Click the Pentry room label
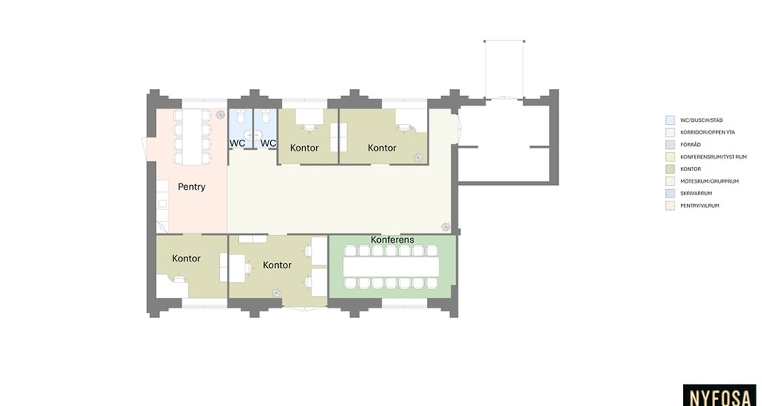coord(191,187)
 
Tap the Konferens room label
coord(392,240)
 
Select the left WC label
coord(237,144)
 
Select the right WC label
coord(269,144)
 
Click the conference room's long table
coord(391,267)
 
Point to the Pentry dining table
coord(192,137)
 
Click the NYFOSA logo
coord(720,397)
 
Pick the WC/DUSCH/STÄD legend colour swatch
coord(670,120)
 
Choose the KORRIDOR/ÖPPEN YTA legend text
coord(707,132)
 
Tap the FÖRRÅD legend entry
coord(690,144)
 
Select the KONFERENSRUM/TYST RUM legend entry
coord(714,157)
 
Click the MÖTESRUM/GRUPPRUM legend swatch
coord(670,181)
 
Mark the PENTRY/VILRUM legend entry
coord(700,205)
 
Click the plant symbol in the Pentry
coord(220,115)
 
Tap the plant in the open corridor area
coord(445,227)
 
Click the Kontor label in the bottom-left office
coord(186,258)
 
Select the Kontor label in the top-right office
coord(382,148)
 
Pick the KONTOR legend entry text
coord(690,169)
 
